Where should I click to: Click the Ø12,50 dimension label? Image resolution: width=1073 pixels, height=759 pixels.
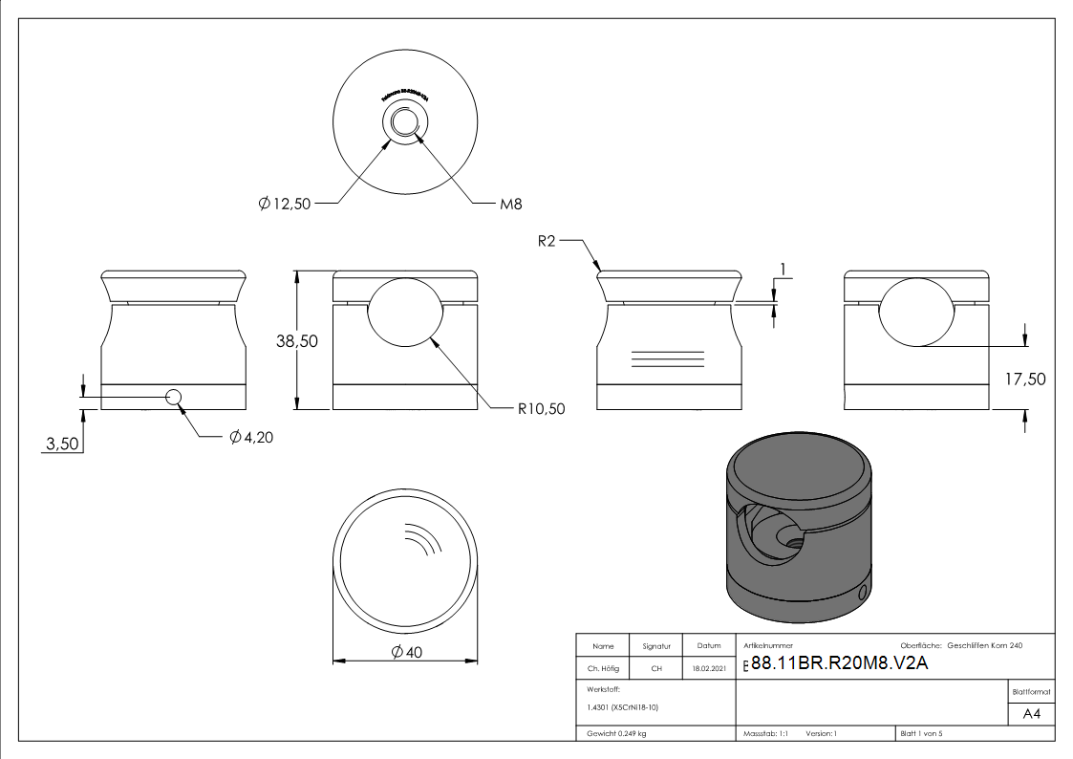[x=285, y=204]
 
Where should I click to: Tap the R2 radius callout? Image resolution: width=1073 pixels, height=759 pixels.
[x=546, y=242]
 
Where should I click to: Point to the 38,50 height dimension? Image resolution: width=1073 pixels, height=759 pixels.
[x=297, y=341]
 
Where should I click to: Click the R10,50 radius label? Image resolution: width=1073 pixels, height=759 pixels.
[x=542, y=408]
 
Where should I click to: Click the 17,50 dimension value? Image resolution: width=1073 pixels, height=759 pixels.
[x=1025, y=379]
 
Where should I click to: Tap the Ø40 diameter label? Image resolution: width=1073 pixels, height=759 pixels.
[x=406, y=653]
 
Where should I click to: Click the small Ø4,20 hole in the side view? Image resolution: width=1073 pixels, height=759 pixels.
[x=174, y=398]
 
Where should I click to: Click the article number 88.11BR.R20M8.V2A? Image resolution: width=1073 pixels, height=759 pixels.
[x=840, y=665]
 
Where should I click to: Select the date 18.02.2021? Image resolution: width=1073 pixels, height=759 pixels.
[x=709, y=668]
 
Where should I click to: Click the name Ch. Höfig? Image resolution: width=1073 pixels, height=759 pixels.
[x=603, y=668]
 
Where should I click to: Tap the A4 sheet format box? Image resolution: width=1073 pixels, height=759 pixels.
[x=1032, y=714]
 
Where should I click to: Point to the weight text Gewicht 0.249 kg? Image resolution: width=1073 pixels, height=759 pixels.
[x=616, y=733]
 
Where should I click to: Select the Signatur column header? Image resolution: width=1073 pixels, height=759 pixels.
[x=656, y=646]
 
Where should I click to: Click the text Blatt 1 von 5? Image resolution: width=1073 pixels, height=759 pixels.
[x=921, y=733]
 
